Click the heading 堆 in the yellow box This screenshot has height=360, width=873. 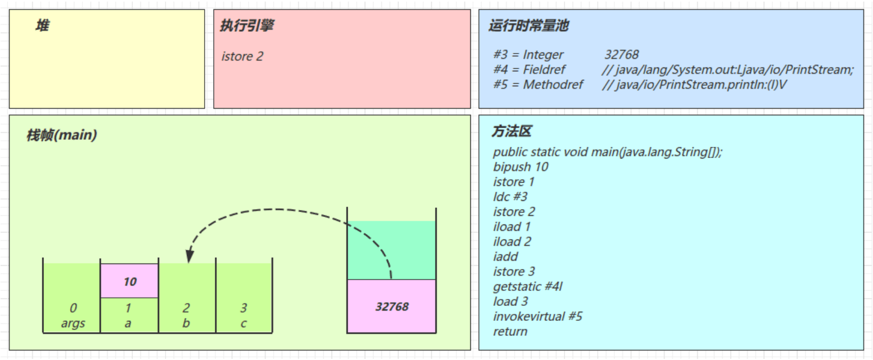click(x=42, y=25)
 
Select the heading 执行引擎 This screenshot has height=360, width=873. click(x=247, y=25)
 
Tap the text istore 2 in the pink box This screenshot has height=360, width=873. click(x=242, y=56)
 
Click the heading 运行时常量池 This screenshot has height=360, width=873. click(x=528, y=25)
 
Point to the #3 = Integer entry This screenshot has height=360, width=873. click(x=528, y=55)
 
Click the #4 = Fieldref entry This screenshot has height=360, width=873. click(x=529, y=70)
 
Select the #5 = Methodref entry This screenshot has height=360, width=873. click(x=538, y=85)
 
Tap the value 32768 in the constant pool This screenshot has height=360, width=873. click(x=621, y=55)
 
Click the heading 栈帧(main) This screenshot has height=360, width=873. click(x=62, y=135)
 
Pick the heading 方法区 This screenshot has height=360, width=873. click(x=511, y=131)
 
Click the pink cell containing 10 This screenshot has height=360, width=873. click(x=130, y=281)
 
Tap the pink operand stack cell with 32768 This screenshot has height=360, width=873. click(x=392, y=306)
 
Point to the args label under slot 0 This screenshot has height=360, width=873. click(x=73, y=324)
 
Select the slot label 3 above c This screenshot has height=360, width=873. click(x=244, y=308)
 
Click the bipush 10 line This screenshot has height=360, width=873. click(x=521, y=167)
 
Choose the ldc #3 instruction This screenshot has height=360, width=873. click(x=510, y=197)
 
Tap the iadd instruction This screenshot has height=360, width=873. click(x=506, y=257)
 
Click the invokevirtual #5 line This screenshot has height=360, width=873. click(x=537, y=317)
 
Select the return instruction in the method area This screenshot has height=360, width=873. click(x=510, y=332)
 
